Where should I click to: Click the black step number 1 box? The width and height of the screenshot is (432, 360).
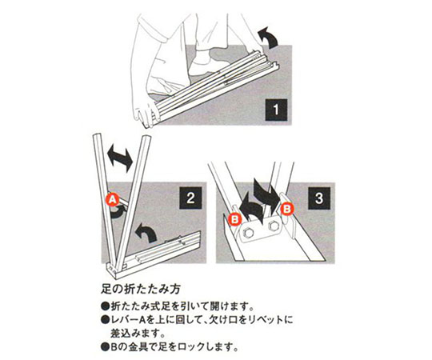pyautogui.click(x=276, y=110)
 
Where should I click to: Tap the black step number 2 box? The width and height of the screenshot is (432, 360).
pyautogui.click(x=190, y=198)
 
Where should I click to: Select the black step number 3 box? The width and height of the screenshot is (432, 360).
pyautogui.click(x=318, y=198)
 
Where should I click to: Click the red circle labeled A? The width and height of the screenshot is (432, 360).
pyautogui.click(x=113, y=200)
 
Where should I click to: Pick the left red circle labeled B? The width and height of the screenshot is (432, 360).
pyautogui.click(x=234, y=219)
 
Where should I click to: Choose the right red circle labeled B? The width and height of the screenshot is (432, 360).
pyautogui.click(x=287, y=209)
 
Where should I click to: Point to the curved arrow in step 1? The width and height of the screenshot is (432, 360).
pyautogui.click(x=268, y=37)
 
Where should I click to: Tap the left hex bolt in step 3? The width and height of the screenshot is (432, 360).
pyautogui.click(x=249, y=233)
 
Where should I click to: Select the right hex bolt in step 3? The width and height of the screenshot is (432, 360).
pyautogui.click(x=274, y=226)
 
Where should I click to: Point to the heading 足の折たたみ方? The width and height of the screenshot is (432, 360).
pyautogui.click(x=141, y=289)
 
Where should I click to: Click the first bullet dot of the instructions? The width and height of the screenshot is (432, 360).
pyautogui.click(x=105, y=306)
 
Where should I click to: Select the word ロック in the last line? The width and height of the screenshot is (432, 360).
pyautogui.click(x=190, y=347)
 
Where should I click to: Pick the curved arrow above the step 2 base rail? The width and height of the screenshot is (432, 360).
pyautogui.click(x=146, y=234)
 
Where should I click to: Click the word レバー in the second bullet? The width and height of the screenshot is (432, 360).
pyautogui.click(x=124, y=320)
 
